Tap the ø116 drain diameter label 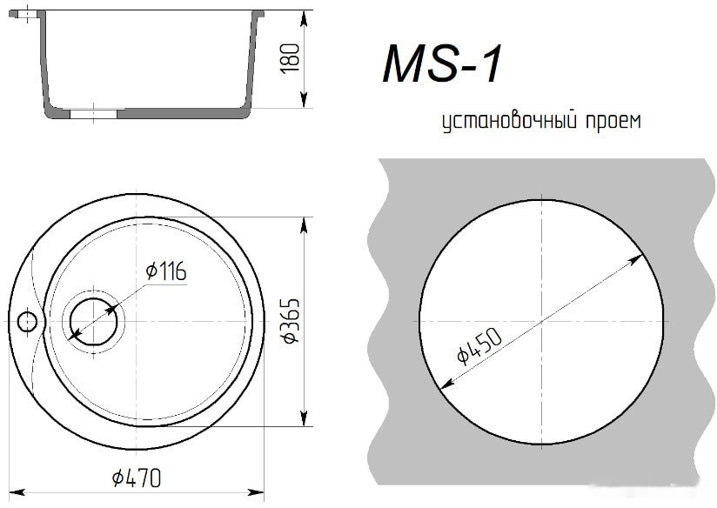click(x=166, y=272)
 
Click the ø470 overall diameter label click(x=137, y=478)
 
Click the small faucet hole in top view click(x=27, y=321)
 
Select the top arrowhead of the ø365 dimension click(x=304, y=225)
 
